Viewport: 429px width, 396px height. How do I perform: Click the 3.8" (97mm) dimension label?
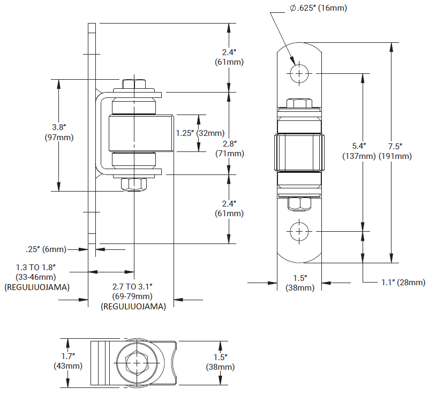click(x=59, y=132)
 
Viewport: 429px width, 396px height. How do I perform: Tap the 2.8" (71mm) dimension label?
click(x=229, y=149)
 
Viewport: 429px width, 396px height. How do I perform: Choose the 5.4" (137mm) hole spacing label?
click(x=359, y=151)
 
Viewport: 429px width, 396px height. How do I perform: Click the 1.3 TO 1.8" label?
click(x=36, y=267)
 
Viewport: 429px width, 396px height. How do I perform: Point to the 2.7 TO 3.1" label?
click(x=133, y=287)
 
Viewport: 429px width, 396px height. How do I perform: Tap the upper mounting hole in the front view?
click(x=300, y=73)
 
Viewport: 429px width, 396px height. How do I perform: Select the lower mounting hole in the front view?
click(x=300, y=232)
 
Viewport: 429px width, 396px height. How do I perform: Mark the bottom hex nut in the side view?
click(x=133, y=184)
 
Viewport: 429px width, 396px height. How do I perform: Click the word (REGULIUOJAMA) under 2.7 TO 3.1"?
click(x=133, y=307)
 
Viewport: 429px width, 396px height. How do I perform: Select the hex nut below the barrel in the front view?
click(x=300, y=203)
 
